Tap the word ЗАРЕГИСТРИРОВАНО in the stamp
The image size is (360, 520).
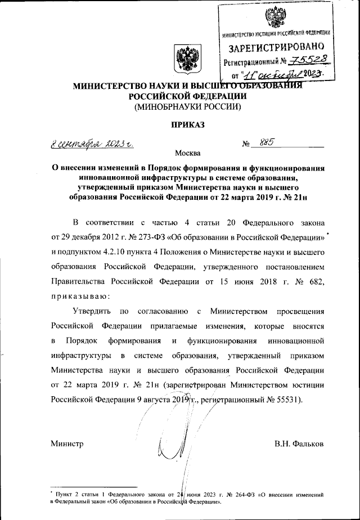[x=274, y=48]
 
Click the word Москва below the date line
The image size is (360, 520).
[x=187, y=153]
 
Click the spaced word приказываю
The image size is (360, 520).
[x=79, y=295]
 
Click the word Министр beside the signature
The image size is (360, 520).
[x=67, y=445]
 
